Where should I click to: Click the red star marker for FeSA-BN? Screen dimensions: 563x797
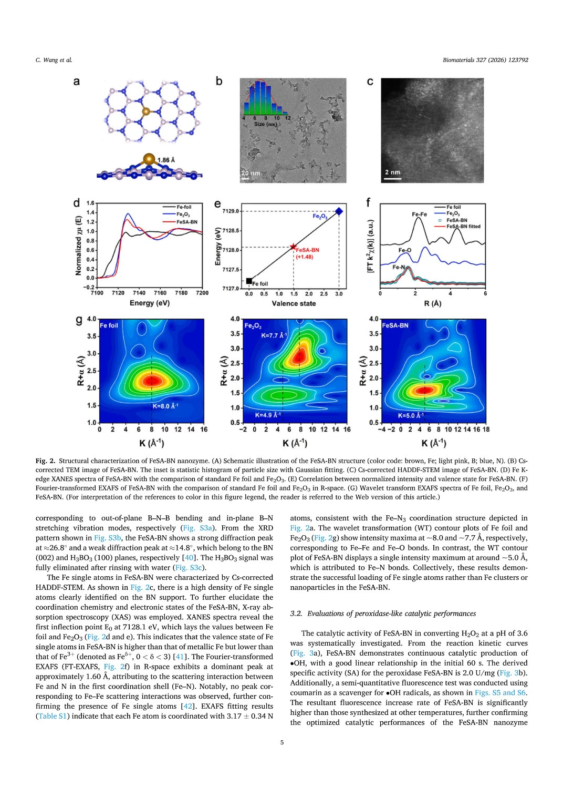tap(293, 247)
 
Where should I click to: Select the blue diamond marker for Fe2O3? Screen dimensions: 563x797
tap(339, 211)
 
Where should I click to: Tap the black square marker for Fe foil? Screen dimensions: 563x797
tap(249, 281)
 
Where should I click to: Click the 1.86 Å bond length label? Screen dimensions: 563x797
tap(166, 160)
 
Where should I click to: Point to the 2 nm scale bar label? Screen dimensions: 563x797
tap(392, 172)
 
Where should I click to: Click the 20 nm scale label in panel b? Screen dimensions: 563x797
tap(251, 173)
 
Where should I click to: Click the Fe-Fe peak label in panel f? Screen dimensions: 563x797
tap(420, 214)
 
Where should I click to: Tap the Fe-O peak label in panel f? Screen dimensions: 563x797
tap(405, 250)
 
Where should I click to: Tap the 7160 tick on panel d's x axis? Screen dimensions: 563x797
tap(160, 293)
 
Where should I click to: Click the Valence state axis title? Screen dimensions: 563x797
tap(294, 303)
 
